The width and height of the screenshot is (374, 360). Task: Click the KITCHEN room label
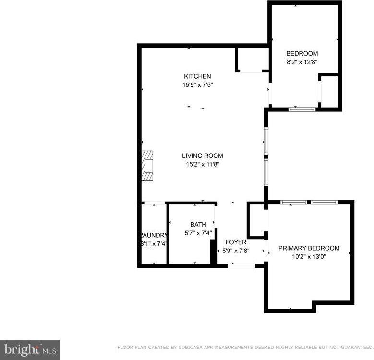(197, 76)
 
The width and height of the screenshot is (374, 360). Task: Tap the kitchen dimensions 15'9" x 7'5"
(197, 85)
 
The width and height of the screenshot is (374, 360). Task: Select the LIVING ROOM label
(202, 156)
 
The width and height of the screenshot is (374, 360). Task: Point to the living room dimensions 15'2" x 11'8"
(202, 164)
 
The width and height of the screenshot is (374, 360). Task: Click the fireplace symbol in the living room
(147, 166)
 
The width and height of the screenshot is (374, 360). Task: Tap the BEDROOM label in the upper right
(302, 53)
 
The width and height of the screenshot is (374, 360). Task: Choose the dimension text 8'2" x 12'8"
(302, 62)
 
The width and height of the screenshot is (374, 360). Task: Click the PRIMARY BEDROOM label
(309, 248)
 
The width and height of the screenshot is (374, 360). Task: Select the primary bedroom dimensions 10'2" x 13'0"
(309, 257)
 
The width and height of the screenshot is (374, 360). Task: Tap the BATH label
(198, 224)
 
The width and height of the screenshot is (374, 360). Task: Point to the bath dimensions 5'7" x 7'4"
(198, 233)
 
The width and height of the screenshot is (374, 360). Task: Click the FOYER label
(236, 242)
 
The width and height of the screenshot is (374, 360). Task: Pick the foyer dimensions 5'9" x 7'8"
(236, 251)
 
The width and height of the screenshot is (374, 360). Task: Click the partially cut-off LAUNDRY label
(154, 235)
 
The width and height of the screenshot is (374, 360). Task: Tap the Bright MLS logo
(30, 349)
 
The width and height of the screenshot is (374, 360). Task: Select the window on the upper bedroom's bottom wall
(302, 109)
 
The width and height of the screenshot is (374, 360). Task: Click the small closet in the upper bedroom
(329, 91)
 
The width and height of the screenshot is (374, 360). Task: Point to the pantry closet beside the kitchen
(253, 60)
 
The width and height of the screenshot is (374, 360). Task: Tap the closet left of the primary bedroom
(257, 220)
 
